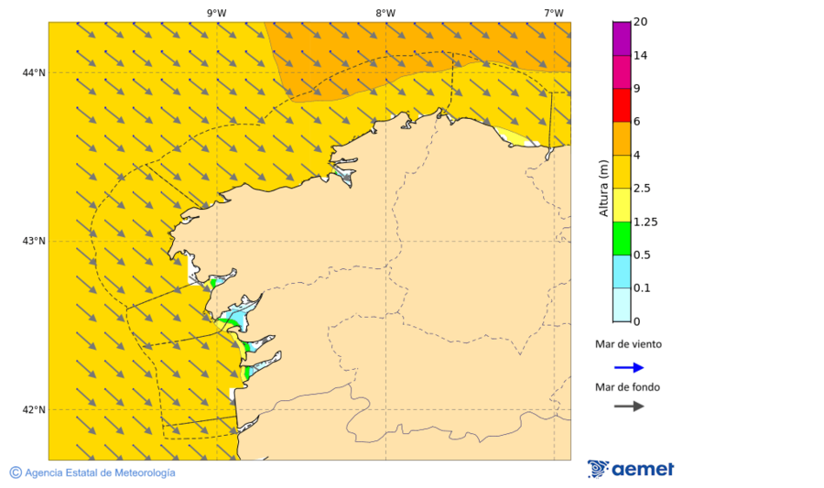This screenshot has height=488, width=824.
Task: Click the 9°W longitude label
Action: pyautogui.click(x=216, y=13)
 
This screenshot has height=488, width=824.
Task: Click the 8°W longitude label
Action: pyautogui.click(x=385, y=13)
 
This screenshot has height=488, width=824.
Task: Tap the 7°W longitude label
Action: pyautogui.click(x=553, y=13)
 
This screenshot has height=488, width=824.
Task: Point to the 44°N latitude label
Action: pyautogui.click(x=34, y=72)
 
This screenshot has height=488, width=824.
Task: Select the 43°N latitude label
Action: pyautogui.click(x=34, y=241)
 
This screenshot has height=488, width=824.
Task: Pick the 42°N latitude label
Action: pyautogui.click(x=34, y=409)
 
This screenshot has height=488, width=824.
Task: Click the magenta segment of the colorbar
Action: pyautogui.click(x=622, y=38)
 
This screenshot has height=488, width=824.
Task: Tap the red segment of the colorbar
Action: pyautogui.click(x=622, y=104)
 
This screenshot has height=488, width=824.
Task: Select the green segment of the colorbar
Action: pyautogui.click(x=622, y=238)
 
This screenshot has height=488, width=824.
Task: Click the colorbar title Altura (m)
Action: pyautogui.click(x=603, y=188)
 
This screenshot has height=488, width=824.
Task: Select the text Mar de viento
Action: pyautogui.click(x=628, y=345)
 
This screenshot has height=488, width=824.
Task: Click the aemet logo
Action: pyautogui.click(x=631, y=469)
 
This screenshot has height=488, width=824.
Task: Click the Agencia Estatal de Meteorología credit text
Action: pyautogui.click(x=100, y=472)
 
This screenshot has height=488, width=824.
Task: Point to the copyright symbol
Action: pyautogui.click(x=16, y=472)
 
